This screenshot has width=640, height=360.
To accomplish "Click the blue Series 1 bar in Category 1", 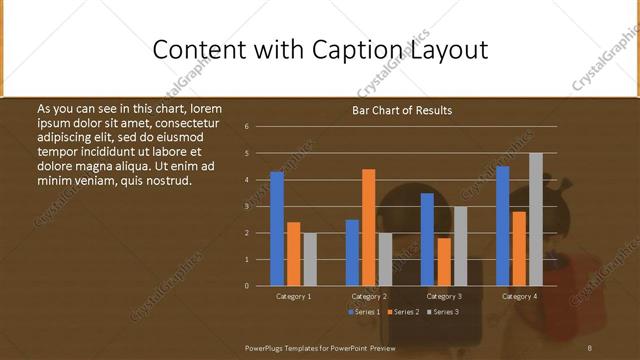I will click(277, 229).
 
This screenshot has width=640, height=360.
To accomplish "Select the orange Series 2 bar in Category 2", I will click(368, 228).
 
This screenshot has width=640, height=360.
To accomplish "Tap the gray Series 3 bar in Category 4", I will click(536, 220).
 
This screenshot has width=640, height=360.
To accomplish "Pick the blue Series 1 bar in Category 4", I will click(502, 226).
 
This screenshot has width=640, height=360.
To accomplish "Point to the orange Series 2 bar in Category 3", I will click(444, 262).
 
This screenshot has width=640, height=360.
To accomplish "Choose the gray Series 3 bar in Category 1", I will click(310, 259).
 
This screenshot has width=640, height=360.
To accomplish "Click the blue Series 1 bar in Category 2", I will click(352, 253).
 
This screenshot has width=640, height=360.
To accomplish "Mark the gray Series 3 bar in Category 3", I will click(460, 246).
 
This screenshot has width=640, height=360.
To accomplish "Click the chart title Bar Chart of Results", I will click(402, 110).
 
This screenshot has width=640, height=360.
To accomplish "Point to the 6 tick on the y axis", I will click(260, 127).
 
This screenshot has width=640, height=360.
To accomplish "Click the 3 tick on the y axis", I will click(260, 206).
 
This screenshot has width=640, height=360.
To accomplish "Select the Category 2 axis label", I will click(369, 296).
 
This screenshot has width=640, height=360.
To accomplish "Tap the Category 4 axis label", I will click(519, 296).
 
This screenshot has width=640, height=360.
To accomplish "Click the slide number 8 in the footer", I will click(590, 347).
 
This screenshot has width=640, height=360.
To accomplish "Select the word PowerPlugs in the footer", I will click(269, 347).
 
